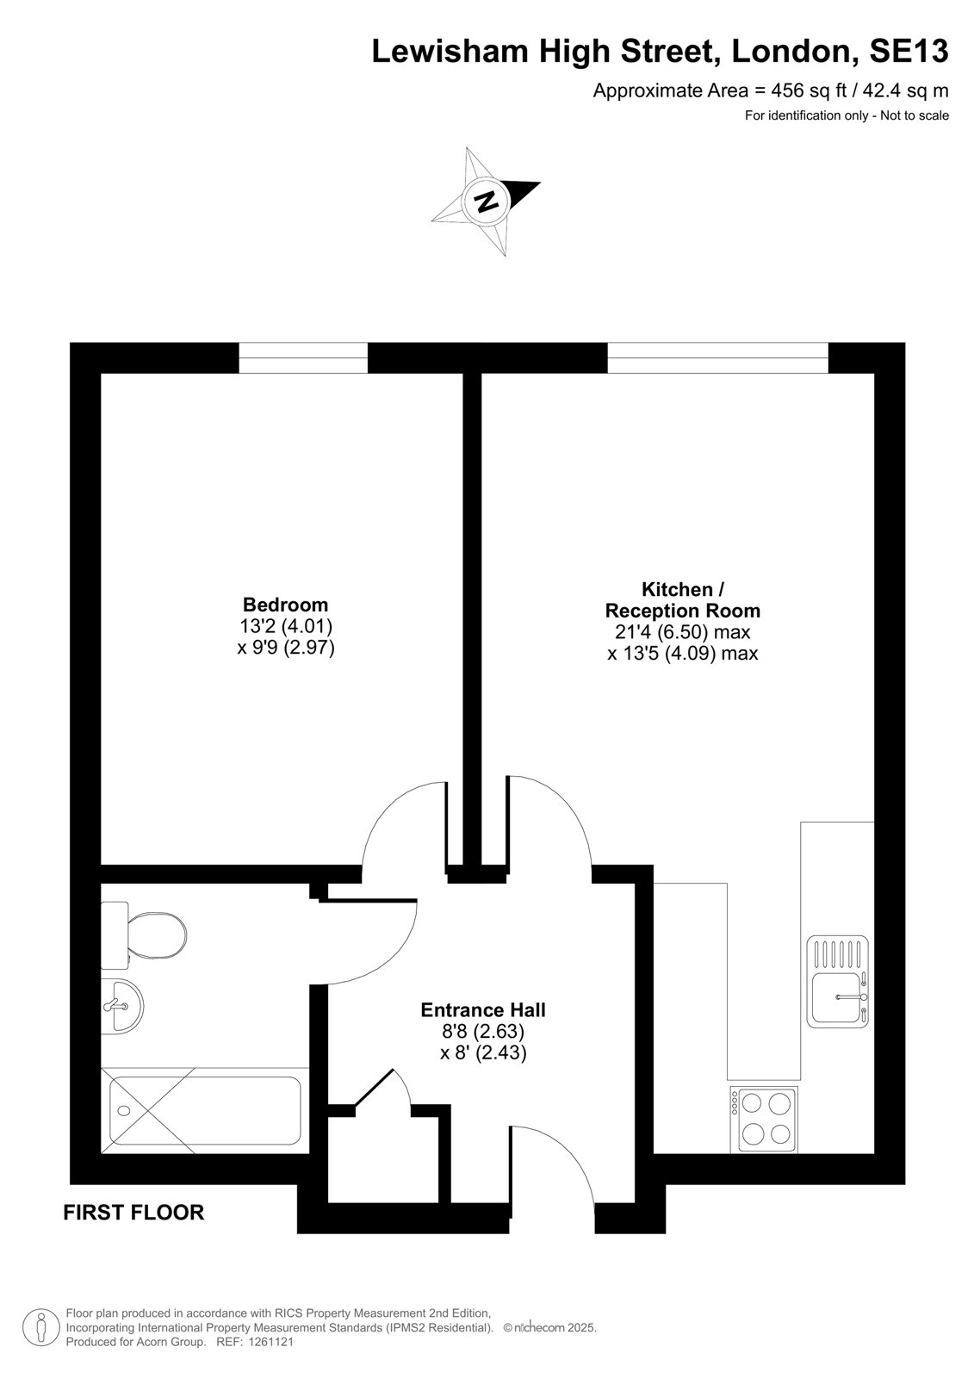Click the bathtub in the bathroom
[x=205, y=1110]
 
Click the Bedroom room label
[x=286, y=604]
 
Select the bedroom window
[x=303, y=357]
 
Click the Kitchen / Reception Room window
[x=718, y=357]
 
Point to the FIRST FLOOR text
[x=133, y=1213]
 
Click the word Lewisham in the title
[x=450, y=51]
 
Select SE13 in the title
[x=909, y=51]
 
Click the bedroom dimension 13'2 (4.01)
[x=286, y=626]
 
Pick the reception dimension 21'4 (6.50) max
[x=682, y=632]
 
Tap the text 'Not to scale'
[x=915, y=115]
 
